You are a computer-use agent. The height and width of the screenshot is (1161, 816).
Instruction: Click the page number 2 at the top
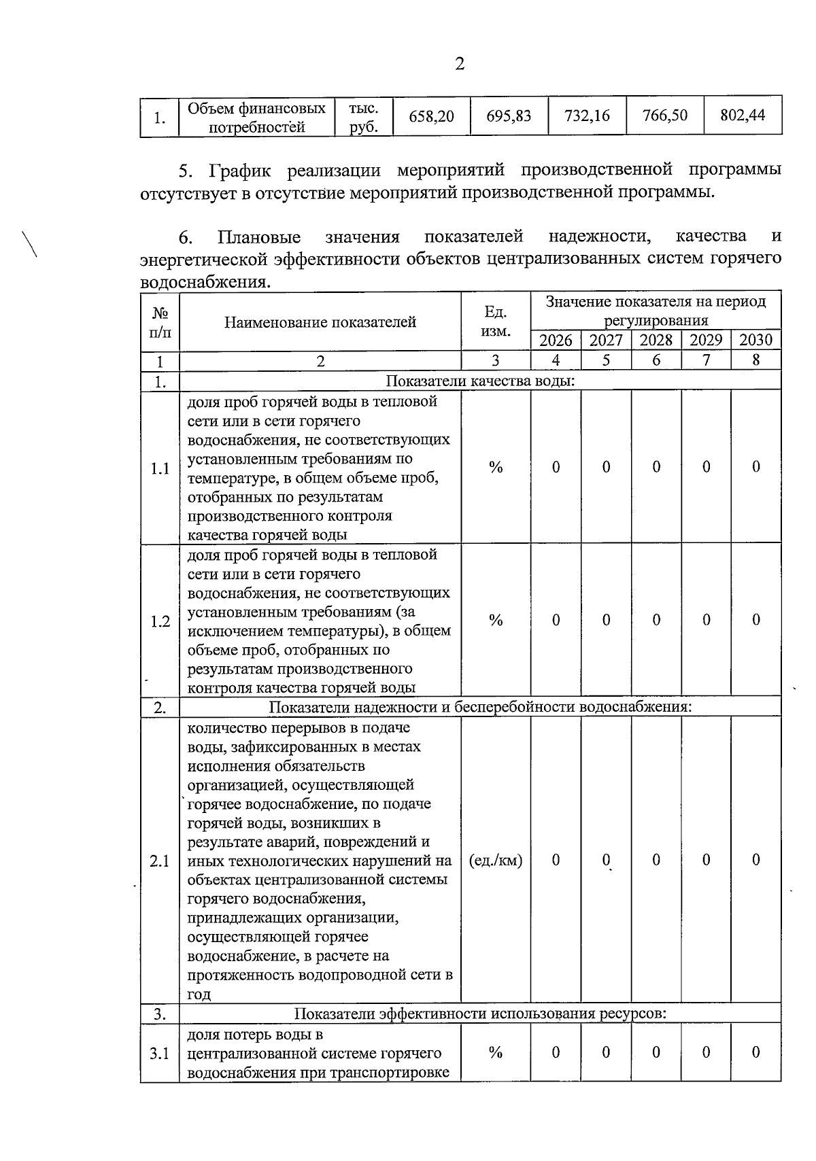(460, 65)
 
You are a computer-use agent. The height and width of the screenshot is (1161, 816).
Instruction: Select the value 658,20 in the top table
(431, 116)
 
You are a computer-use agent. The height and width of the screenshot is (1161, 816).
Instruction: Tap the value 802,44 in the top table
(743, 116)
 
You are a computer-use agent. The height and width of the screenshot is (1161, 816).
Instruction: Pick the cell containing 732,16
(587, 116)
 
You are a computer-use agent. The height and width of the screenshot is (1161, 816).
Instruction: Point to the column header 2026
(556, 341)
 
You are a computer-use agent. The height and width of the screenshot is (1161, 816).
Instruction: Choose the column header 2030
(755, 341)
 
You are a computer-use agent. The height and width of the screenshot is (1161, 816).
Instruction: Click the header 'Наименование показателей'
(320, 322)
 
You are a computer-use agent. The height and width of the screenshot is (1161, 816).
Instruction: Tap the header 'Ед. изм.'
(496, 322)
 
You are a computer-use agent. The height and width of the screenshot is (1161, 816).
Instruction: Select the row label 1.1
(160, 468)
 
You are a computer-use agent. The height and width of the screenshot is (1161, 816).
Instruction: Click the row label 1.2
(160, 621)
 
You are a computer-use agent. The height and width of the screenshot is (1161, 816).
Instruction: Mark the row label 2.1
(160, 861)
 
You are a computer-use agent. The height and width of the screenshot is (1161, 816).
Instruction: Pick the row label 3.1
(160, 1054)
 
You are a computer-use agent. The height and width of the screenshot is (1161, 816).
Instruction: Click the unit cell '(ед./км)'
(496, 861)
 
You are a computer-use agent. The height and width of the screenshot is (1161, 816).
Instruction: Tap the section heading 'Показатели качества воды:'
(480, 381)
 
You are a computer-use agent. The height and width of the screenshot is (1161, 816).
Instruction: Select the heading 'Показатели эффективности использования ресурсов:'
(479, 1014)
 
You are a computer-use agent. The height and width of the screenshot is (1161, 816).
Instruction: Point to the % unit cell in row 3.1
(496, 1053)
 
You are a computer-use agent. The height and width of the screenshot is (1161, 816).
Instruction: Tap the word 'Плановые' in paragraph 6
(259, 237)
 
